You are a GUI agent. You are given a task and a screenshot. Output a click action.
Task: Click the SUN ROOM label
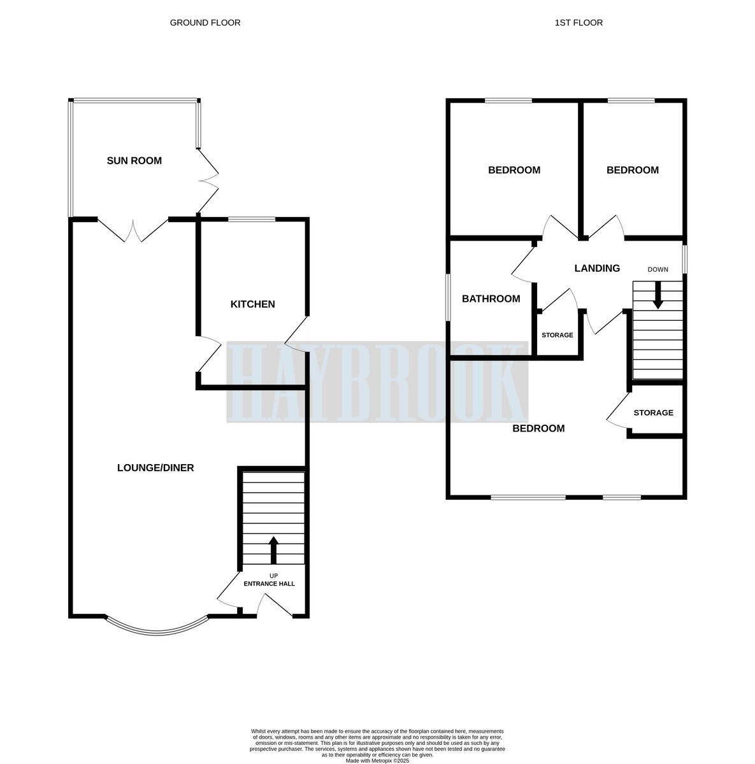pos(134,161)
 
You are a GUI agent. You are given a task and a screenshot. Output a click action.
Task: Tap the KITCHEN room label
pos(252,304)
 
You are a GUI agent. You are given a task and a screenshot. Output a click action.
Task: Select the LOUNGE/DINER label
pos(155,468)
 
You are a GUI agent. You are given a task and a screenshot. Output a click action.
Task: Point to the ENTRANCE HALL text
pos(269,583)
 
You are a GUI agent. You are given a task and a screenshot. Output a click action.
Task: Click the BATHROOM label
pos(491,299)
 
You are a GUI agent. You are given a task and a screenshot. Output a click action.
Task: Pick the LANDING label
pos(597,268)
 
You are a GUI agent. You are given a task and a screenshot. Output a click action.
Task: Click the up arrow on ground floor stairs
pos(274,549)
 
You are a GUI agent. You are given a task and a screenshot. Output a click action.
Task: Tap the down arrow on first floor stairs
pos(658,296)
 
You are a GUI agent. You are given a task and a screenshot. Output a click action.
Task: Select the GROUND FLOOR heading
pos(205,23)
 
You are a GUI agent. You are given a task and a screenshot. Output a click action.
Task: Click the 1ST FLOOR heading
pos(579,23)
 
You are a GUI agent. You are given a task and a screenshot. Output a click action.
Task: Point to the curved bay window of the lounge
pos(157,628)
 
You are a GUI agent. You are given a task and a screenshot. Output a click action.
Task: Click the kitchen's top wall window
pos(252,220)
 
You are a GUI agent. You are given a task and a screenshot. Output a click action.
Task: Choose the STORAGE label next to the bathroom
pos(557,336)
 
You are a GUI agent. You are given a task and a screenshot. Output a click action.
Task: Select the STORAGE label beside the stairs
pos(653,413)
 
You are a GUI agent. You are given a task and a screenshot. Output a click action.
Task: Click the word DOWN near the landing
pos(658,269)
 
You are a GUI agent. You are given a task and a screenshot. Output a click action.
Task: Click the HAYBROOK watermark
pos(377,382)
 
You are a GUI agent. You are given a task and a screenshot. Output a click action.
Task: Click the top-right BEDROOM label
pos(632,170)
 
